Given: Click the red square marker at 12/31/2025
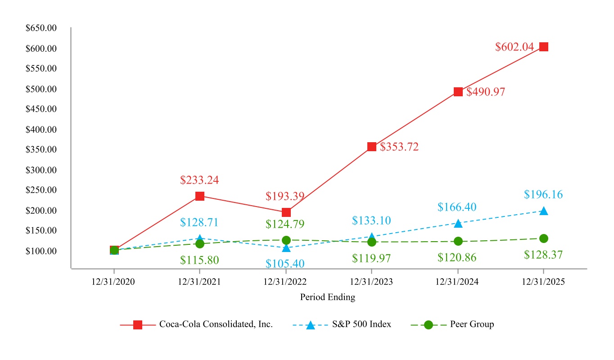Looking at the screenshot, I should pos(543,47).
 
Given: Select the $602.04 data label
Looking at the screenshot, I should pos(514,47).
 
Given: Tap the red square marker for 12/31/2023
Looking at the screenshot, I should pos(371,147).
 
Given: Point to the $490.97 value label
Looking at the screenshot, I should pos(486,92).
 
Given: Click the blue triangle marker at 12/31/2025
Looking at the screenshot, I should pos(543,211).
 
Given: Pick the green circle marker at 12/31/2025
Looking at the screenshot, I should pos(543,238).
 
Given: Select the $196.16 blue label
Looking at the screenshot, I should pos(543,195).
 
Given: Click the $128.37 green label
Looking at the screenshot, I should pos(543,255).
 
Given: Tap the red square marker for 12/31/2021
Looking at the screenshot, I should pos(200,196).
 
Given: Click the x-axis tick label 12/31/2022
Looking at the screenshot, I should pos(285,282).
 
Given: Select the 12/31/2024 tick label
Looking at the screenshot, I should pos(457,282).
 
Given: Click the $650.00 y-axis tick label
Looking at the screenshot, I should pos(41,28).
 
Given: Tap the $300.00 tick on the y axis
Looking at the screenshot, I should pos(41,170).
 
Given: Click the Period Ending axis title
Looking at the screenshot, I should pos(327,297).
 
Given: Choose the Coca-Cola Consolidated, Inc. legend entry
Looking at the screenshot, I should pos(216,324).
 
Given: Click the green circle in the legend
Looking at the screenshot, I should pos(428,325).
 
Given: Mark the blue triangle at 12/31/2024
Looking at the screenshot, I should pos(458,224).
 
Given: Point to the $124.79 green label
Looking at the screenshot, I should pos(285,224).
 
